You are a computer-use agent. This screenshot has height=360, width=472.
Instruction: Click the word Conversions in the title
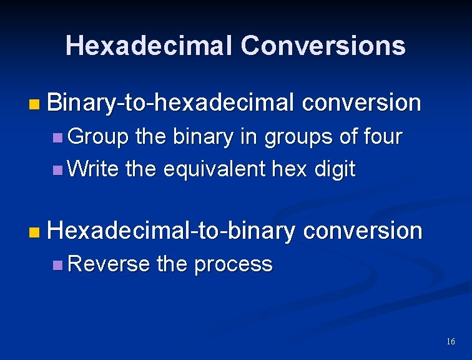[323, 46]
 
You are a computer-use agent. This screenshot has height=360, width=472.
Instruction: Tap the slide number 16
[451, 341]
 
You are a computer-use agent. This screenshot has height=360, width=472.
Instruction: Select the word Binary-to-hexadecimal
[170, 103]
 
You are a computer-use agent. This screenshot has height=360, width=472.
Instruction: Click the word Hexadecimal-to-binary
[170, 231]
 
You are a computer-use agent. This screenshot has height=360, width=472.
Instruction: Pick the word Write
[93, 169]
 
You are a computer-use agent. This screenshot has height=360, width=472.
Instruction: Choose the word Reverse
[108, 264]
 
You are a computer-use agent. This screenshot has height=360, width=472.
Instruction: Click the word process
[233, 264]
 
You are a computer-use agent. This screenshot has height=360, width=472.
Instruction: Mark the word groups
[298, 137]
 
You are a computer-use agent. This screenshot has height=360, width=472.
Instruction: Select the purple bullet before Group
[57, 137]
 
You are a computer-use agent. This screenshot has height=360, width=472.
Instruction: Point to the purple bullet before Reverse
[57, 265]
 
